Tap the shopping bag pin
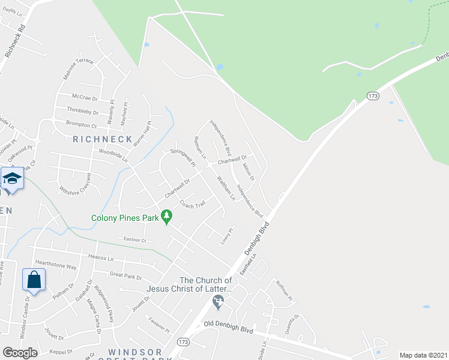pyautogui.click(x=34, y=280)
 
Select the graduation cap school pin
pyautogui.click(x=12, y=179)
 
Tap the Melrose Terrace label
pyautogui.click(x=79, y=69)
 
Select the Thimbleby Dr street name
pyautogui.click(x=83, y=111)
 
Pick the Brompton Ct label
pyautogui.click(x=81, y=125)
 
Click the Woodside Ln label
pyautogui.click(x=113, y=157)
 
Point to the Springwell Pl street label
pyautogui.click(x=184, y=157)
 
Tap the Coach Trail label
pyautogui.click(x=192, y=204)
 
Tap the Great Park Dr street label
pyautogui.click(x=125, y=277)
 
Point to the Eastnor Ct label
pyautogui.click(x=134, y=240)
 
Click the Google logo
pyautogui.click(x=20, y=353)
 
